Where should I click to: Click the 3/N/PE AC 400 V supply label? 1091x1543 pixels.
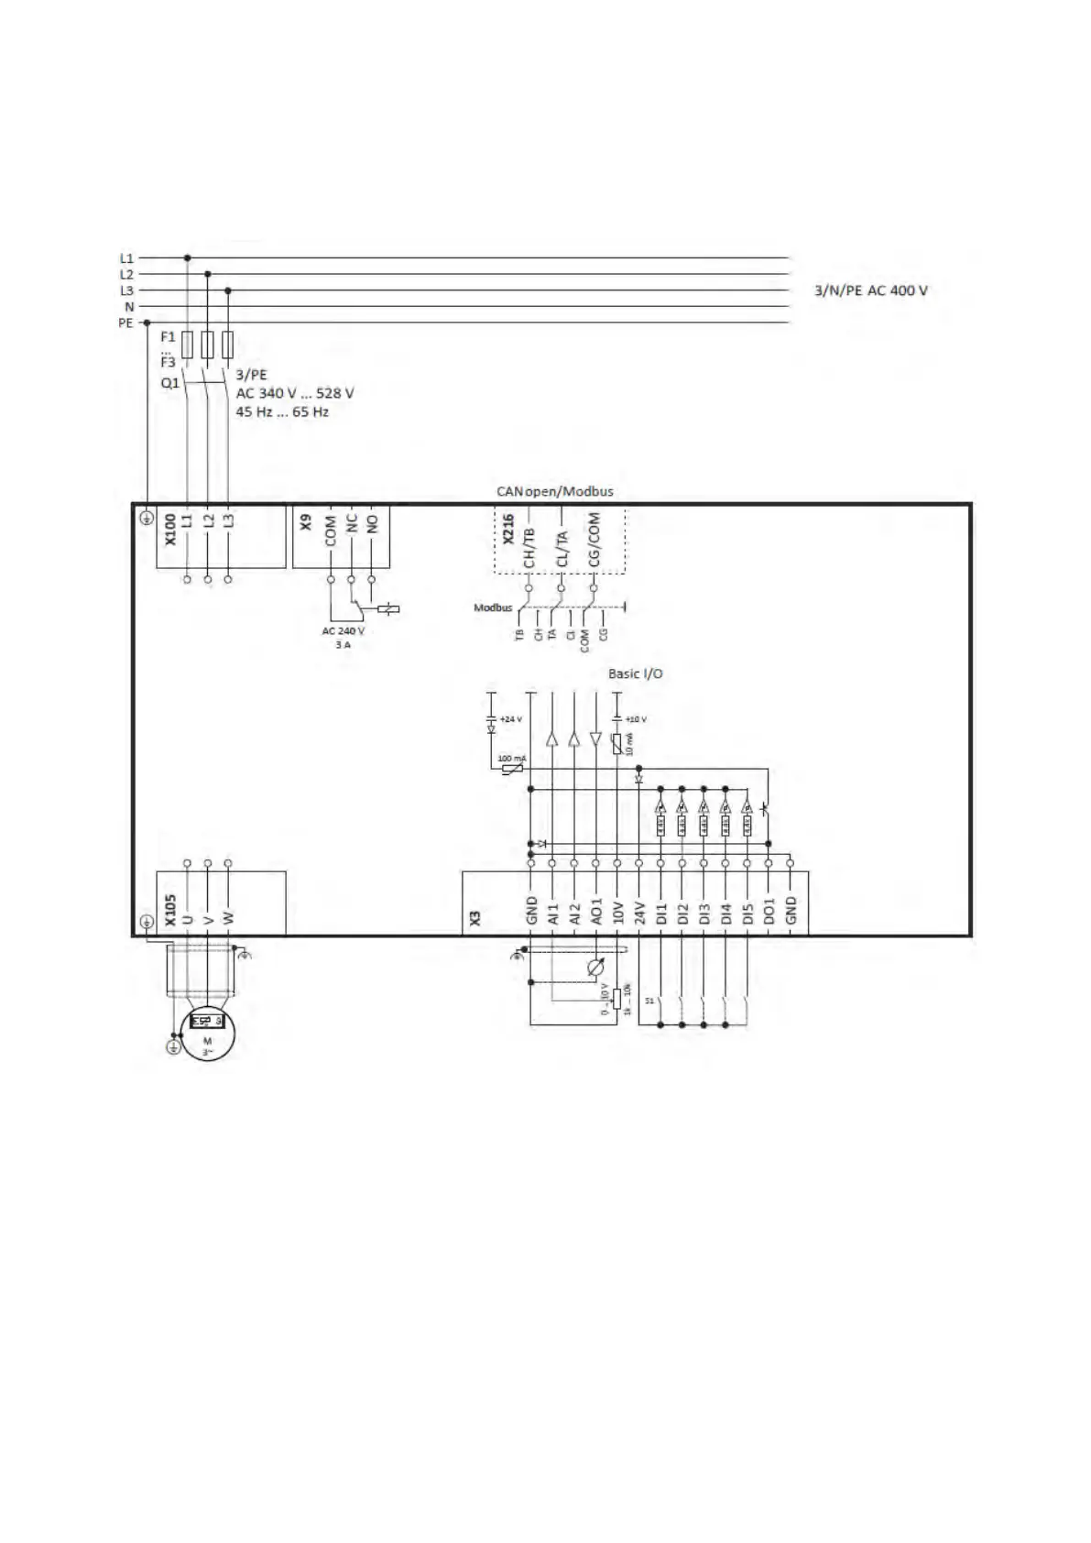coord(871,290)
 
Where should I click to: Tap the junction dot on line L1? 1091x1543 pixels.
coord(188,258)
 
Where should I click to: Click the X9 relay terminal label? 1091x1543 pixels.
coord(307,522)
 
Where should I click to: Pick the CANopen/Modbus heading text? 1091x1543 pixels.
coord(555,491)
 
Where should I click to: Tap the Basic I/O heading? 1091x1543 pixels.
coord(636,673)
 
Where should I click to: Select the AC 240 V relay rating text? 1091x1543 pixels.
coord(343,631)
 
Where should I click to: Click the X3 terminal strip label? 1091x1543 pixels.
coord(475,916)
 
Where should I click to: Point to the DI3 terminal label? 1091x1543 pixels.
coord(704,913)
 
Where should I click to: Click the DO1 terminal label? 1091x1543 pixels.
coord(769,911)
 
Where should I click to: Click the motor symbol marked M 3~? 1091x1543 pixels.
coord(208,1036)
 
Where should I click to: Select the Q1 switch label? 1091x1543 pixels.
coord(169,383)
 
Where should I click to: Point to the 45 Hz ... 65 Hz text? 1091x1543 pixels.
coord(282,412)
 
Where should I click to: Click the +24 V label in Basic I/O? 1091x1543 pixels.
coord(511,719)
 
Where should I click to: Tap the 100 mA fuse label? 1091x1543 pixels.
coord(512,759)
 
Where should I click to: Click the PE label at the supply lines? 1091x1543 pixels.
coord(125,323)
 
